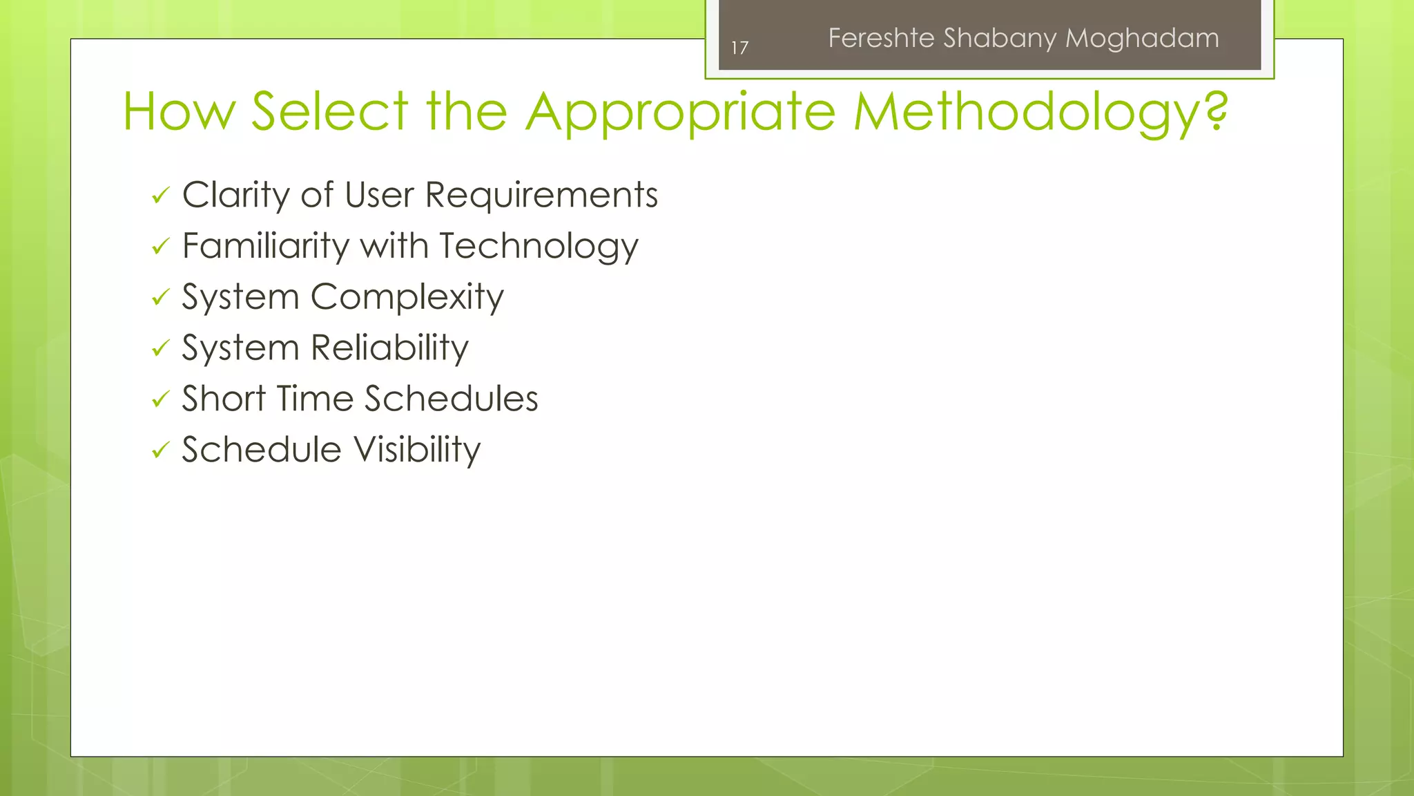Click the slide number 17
tap(739, 48)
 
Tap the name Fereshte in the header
tap(881, 38)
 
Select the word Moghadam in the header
tap(1142, 38)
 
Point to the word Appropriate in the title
tap(680, 111)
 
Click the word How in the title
tap(179, 111)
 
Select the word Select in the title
tap(330, 111)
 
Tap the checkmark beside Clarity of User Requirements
tap(160, 196)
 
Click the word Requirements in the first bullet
tap(541, 196)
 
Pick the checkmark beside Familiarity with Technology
tap(160, 247)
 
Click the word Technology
tap(539, 247)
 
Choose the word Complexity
tap(407, 298)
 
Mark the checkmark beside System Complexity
tap(160, 298)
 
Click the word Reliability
tap(390, 348)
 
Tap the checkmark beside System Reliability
tap(160, 348)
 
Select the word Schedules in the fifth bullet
tap(451, 399)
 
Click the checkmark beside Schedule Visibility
tap(160, 451)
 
